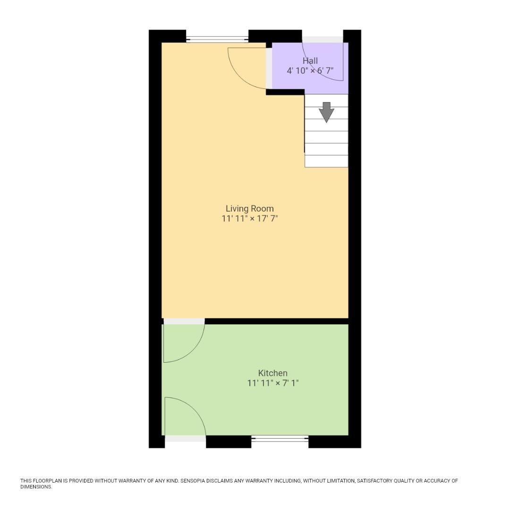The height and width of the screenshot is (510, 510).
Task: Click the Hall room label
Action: pos(310,61)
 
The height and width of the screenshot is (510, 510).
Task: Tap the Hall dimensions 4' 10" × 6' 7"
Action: pos(310,71)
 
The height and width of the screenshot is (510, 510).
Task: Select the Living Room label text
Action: pos(249,209)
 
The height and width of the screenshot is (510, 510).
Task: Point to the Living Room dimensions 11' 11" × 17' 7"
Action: pos(249,219)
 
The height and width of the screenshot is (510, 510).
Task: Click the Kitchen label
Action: pos(272,373)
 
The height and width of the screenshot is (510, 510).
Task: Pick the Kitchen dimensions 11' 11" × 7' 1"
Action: pos(272,383)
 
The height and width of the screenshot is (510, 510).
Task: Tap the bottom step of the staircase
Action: pos(326,161)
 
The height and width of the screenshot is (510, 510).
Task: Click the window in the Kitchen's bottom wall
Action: pos(280,439)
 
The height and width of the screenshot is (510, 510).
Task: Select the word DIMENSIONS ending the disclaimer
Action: pos(36,487)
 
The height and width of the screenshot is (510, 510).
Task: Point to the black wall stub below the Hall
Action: pos(285,92)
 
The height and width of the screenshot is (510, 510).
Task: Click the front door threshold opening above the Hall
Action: pos(323,39)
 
